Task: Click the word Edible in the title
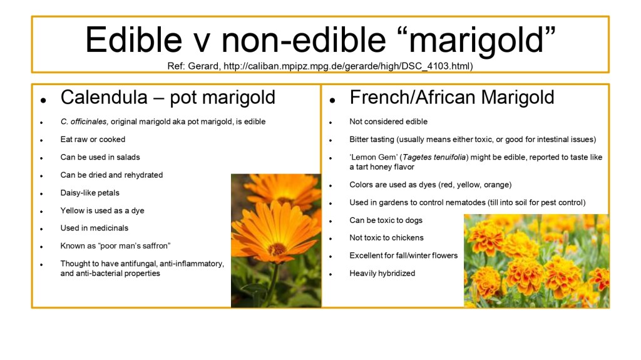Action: (133, 39)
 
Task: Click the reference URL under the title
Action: (348, 66)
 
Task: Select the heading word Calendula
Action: (104, 98)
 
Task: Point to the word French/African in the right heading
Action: (413, 98)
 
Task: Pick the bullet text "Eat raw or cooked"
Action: (93, 139)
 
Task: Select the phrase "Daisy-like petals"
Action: (90, 193)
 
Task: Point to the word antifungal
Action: (174, 264)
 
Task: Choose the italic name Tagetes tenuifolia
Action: (434, 157)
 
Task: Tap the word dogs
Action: (414, 220)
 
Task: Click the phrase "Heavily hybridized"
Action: (382, 273)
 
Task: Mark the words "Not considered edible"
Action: (388, 121)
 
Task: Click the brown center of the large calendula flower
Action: (277, 249)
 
